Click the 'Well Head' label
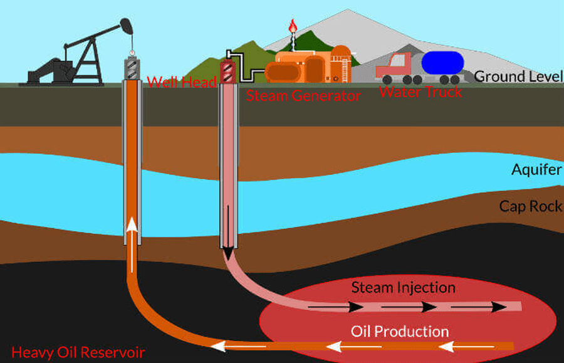(x=182, y=82)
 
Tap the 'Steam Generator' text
(x=303, y=96)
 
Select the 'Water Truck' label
(x=420, y=92)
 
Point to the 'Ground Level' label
(x=518, y=76)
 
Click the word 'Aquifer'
(x=536, y=169)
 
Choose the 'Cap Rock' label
(x=530, y=206)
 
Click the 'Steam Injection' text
(x=403, y=288)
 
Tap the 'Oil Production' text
(x=400, y=331)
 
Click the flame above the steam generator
(x=291, y=26)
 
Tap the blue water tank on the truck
(x=442, y=63)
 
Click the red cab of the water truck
(x=392, y=65)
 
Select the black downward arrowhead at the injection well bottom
(x=228, y=253)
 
